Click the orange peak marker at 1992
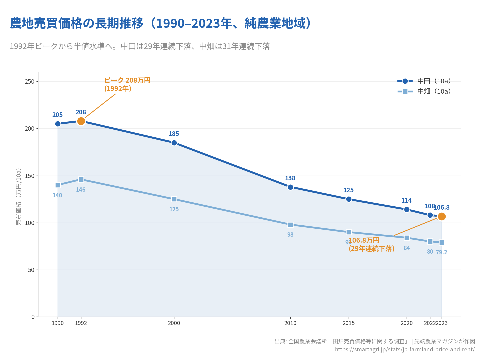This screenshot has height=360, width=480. point(81,121)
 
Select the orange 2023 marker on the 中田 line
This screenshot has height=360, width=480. point(442,217)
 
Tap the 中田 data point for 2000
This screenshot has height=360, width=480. point(174,143)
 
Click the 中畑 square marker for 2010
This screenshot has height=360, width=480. point(290,225)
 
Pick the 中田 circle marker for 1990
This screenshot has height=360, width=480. point(58,124)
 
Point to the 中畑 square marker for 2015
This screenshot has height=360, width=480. point(349,232)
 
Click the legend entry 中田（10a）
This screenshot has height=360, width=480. point(424,81)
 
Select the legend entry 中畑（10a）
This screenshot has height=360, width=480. point(424,91)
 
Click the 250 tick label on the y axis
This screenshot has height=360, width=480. point(30,82)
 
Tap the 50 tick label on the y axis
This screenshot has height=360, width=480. point(31,270)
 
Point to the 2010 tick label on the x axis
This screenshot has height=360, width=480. point(290,323)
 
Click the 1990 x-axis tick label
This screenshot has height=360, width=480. point(58,323)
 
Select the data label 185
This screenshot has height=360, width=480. point(174,134)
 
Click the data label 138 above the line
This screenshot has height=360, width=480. point(290,178)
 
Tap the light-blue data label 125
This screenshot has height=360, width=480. point(174,209)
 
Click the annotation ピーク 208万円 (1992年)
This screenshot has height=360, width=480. point(127,85)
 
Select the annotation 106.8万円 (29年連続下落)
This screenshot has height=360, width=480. point(371,245)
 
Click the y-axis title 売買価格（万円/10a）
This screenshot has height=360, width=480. point(19,197)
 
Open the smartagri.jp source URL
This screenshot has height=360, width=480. point(405,349)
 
